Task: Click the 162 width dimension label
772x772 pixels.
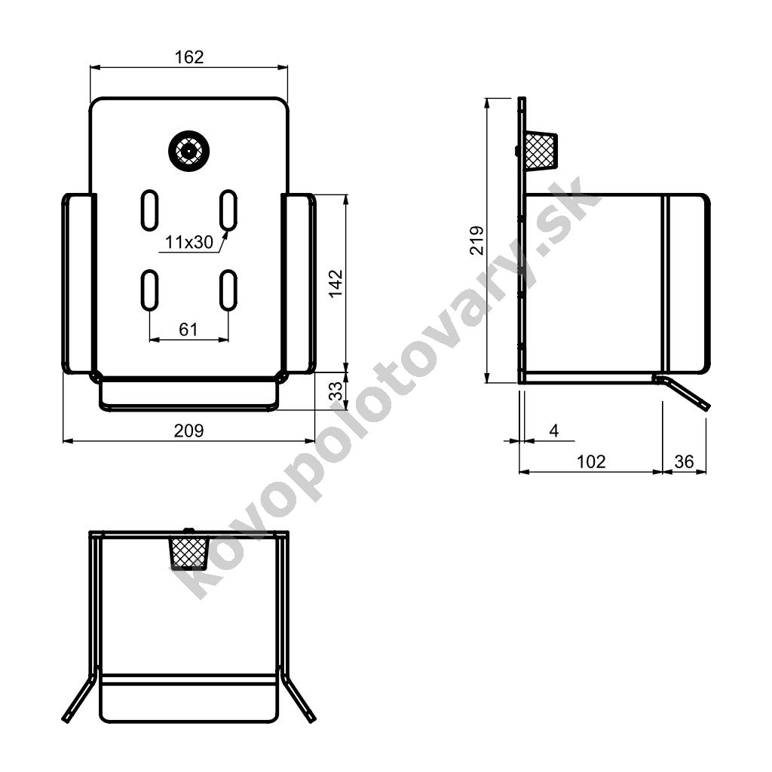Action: click(x=189, y=57)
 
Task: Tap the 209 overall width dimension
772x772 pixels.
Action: click(x=188, y=430)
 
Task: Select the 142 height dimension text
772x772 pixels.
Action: click(x=335, y=283)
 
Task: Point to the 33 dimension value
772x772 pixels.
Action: click(x=335, y=392)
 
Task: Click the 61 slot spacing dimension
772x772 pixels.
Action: click(x=188, y=329)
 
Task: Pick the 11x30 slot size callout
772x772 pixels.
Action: click(x=189, y=242)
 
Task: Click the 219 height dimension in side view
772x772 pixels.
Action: click(x=476, y=240)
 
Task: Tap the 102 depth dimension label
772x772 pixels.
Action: click(x=591, y=461)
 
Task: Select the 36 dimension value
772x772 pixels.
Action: click(x=684, y=461)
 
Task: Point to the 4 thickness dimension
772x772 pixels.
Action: click(x=554, y=430)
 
